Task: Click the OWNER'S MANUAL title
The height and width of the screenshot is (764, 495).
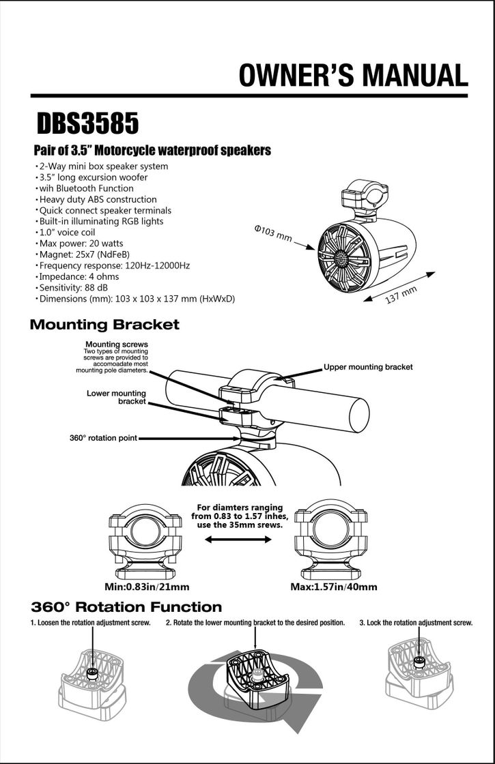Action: pos(353,75)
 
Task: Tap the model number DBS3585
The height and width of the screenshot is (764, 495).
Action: pos(87,124)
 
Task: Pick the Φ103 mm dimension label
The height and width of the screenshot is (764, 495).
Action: pos(273,233)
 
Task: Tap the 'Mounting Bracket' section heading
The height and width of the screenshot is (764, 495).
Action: pos(104,325)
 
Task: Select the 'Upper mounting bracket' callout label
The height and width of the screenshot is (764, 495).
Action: pos(368,367)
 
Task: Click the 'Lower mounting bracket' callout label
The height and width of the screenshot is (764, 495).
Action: pos(117,397)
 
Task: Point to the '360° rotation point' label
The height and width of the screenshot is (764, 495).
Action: pos(103,438)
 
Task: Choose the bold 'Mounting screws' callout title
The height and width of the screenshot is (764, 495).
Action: pos(116,344)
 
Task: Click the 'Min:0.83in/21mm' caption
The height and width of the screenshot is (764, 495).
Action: pos(146,587)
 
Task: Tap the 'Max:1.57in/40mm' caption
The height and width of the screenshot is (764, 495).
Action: pos(334,587)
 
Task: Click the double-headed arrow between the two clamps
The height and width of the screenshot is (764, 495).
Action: pos(238,540)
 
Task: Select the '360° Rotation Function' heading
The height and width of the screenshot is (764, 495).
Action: pos(126,607)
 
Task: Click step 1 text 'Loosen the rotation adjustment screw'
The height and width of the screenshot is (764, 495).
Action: pos(90,623)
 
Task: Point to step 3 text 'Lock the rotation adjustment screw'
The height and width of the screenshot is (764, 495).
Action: pos(416,623)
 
